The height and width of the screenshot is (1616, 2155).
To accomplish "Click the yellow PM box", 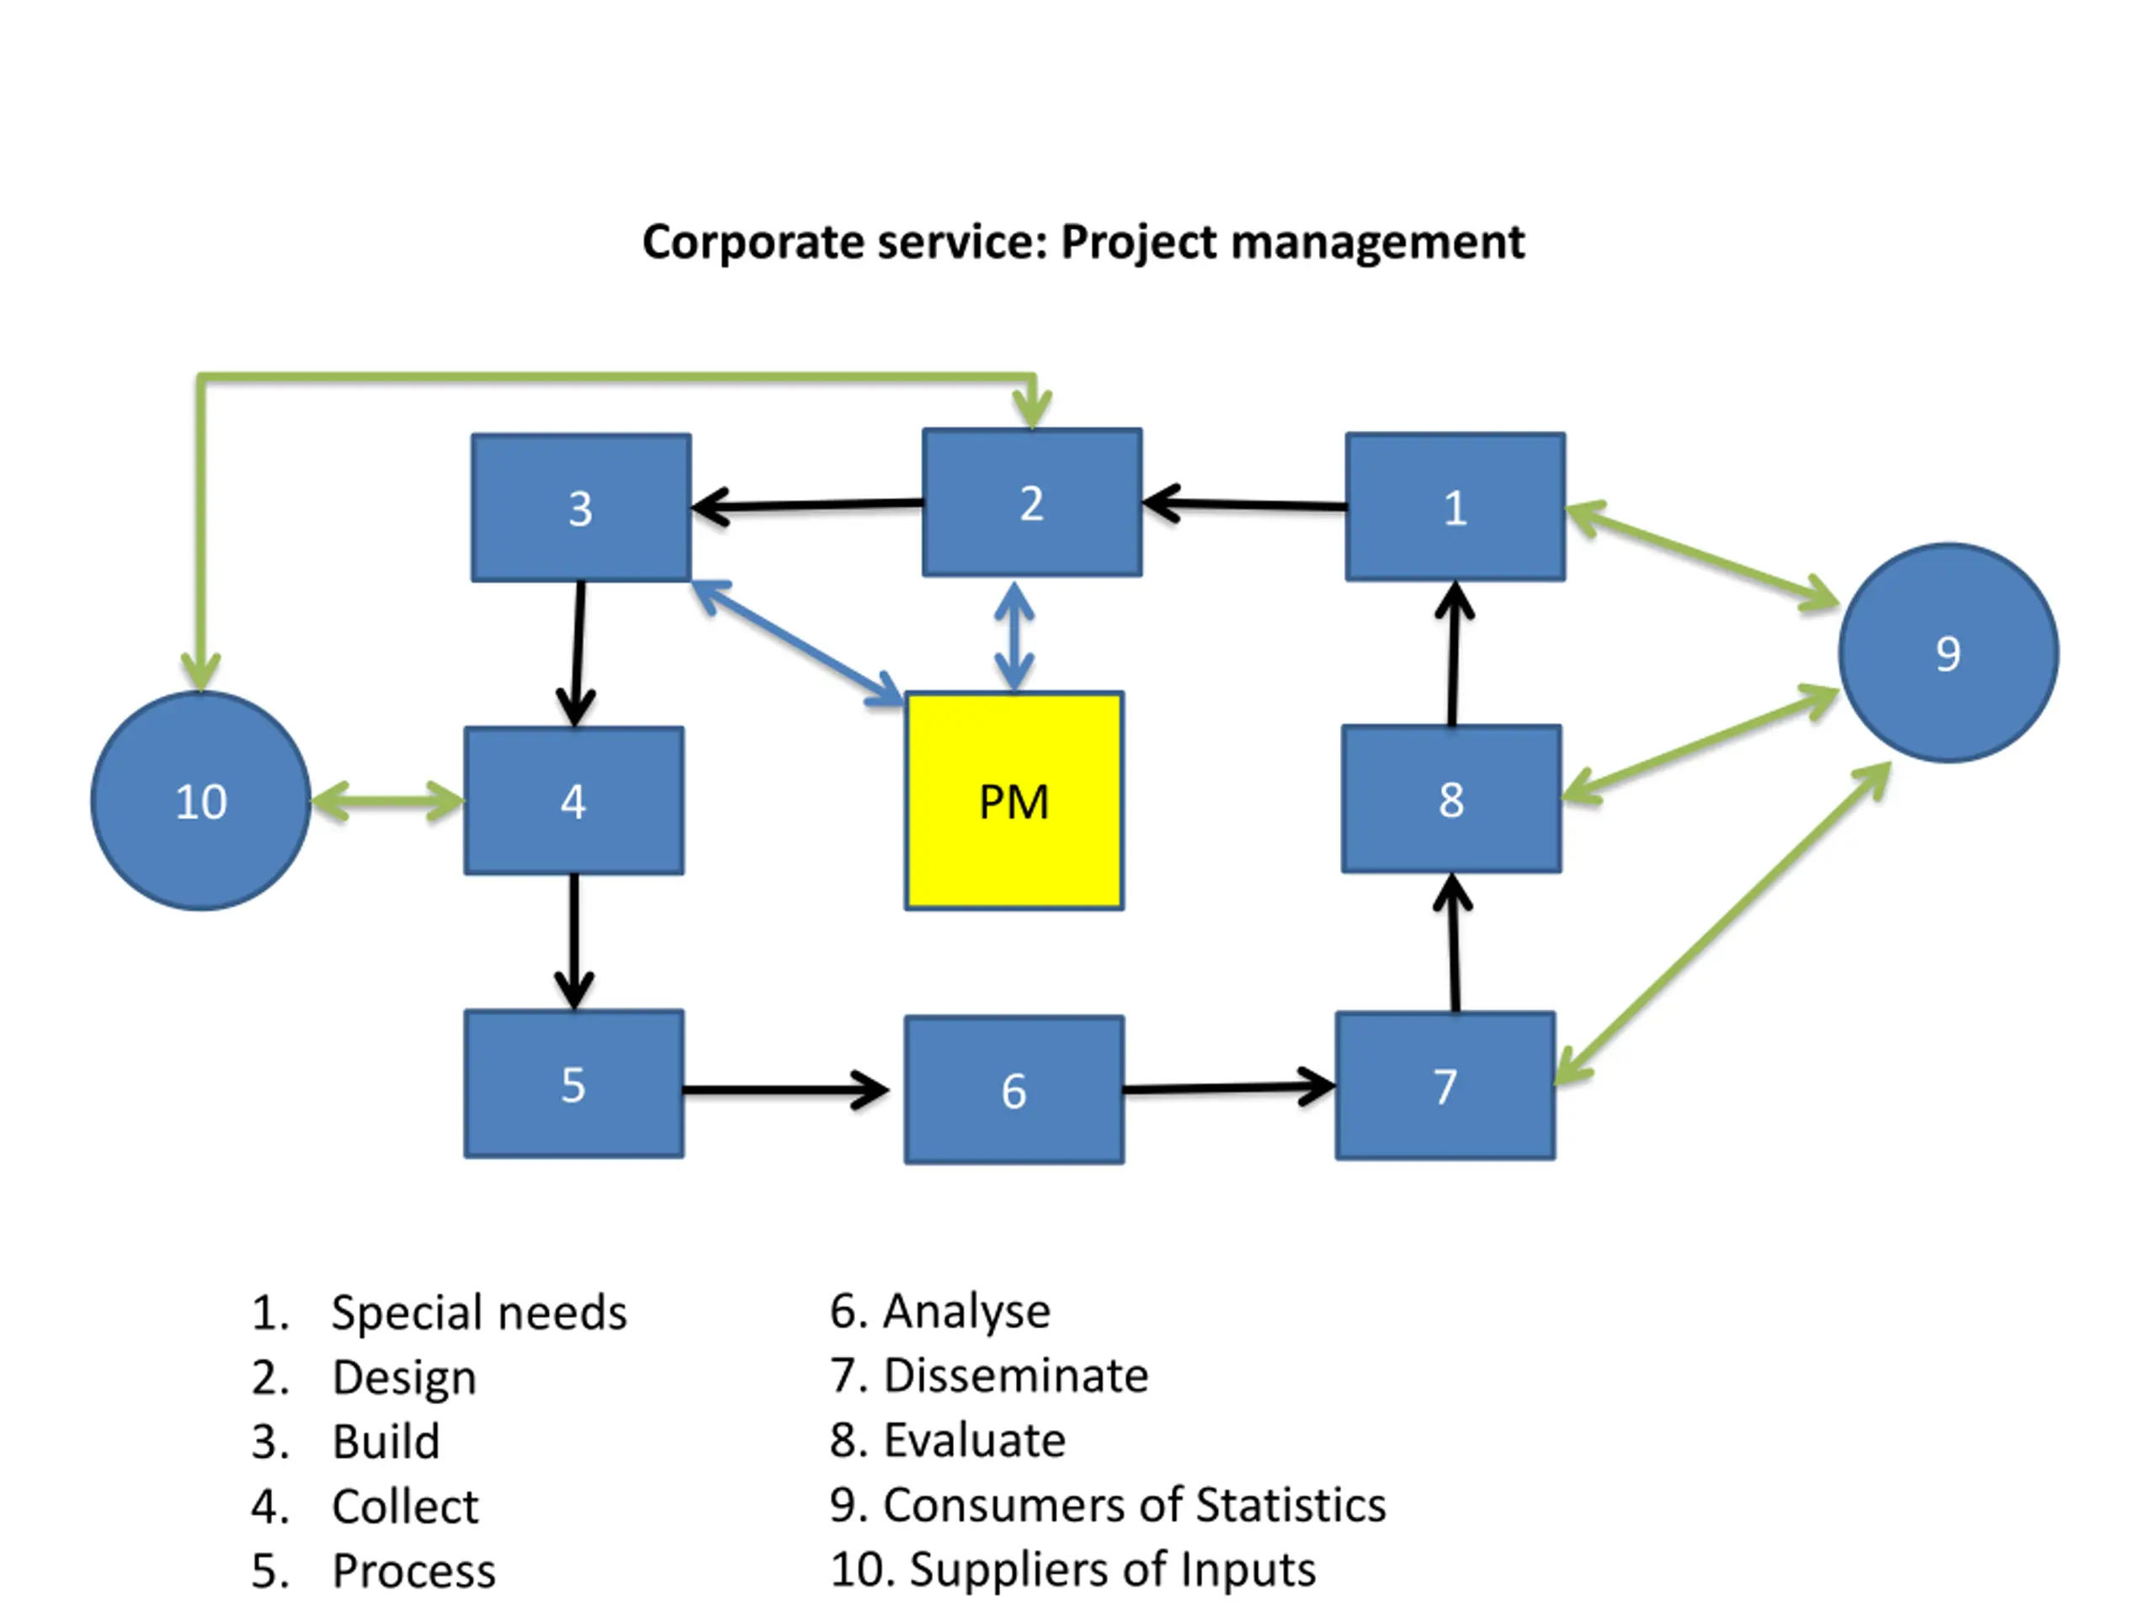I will pos(1014,800).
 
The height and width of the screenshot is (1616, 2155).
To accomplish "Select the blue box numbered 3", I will pos(581,508).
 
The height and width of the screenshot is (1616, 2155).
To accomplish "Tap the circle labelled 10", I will pos(200,800).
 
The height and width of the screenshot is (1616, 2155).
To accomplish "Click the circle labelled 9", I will pos(1949,652).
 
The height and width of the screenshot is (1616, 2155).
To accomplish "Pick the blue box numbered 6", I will pos(1014,1089).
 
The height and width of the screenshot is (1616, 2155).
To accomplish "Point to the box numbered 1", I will pos(1455,507).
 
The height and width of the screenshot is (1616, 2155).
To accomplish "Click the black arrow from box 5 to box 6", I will pos(785,1089).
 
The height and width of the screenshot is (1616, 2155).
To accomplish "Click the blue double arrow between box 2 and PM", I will pos(1014,635).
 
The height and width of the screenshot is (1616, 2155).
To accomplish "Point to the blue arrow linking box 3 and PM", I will pos(797,641).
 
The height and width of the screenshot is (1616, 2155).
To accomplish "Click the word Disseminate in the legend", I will pos(1016,1375).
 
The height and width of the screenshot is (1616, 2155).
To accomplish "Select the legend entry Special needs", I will pos(478,1312).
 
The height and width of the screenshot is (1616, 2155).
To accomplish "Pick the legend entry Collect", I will pos(405,1506).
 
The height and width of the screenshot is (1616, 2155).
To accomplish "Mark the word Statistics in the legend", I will pos(1290,1505).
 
